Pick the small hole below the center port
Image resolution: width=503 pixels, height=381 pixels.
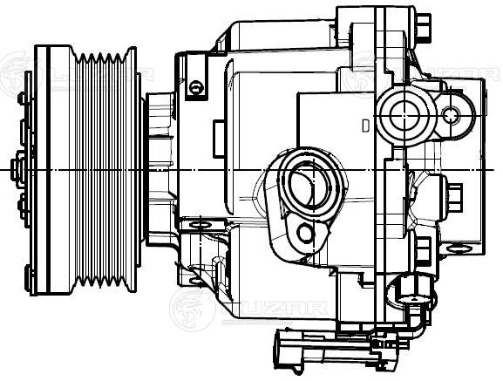coord(304,233)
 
